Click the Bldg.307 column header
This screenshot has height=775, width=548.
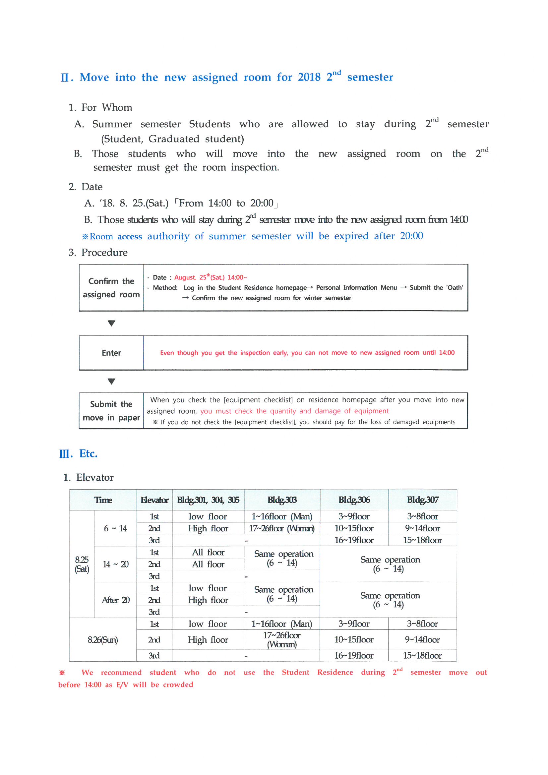pyautogui.click(x=422, y=500)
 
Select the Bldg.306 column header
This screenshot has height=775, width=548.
pyautogui.click(x=354, y=500)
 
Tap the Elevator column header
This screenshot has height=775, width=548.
pyautogui.click(x=154, y=500)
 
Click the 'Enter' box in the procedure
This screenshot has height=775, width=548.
pyautogui.click(x=111, y=353)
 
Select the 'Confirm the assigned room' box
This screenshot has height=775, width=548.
pyautogui.click(x=111, y=288)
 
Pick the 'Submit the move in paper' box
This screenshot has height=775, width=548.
pyautogui.click(x=111, y=410)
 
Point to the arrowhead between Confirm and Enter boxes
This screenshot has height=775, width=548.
pyautogui.click(x=111, y=324)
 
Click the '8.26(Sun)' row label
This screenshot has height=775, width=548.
pyautogui.click(x=103, y=640)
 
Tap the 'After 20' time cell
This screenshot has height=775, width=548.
pyautogui.click(x=115, y=600)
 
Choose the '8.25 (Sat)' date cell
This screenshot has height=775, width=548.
pyautogui.click(x=82, y=564)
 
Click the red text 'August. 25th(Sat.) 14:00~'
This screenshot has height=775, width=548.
pyautogui.click(x=211, y=277)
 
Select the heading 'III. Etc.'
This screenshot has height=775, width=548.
pyautogui.click(x=78, y=454)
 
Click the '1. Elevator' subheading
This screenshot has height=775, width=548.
pyautogui.click(x=89, y=477)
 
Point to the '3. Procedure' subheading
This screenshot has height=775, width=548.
pyautogui.click(x=98, y=253)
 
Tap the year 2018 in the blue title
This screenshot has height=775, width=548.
pyautogui.click(x=309, y=77)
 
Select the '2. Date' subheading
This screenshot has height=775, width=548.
pyautogui.click(x=86, y=187)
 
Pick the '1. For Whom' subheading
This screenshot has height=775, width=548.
pyautogui.click(x=100, y=107)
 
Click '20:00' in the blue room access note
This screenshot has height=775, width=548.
pyautogui.click(x=411, y=236)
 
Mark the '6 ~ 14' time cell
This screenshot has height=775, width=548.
pyautogui.click(x=115, y=528)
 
